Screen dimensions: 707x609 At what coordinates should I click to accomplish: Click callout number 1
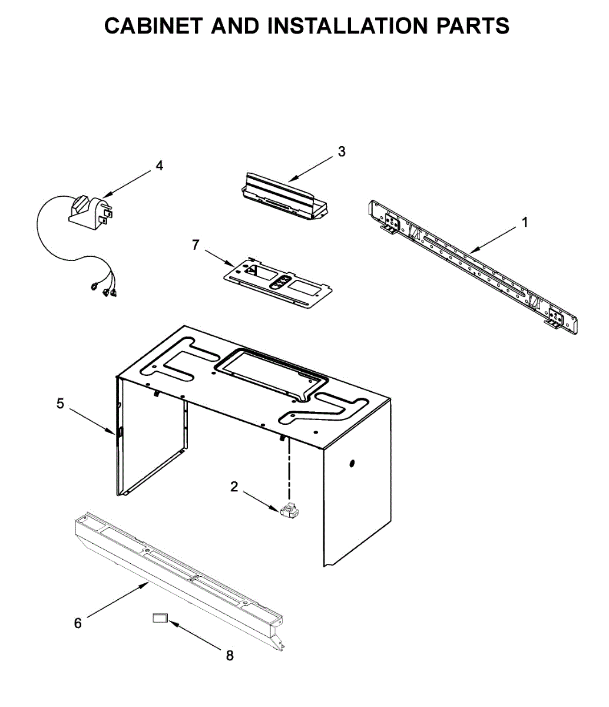click(x=524, y=222)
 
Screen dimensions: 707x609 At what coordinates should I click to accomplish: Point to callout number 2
click(x=234, y=487)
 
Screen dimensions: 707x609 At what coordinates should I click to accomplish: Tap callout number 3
click(x=342, y=151)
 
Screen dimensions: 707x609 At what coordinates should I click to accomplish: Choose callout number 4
click(x=159, y=166)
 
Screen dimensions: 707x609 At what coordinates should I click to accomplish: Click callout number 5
click(x=61, y=404)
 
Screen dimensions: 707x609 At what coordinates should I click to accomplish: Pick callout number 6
click(x=78, y=623)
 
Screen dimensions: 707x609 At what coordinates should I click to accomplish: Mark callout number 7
click(x=196, y=245)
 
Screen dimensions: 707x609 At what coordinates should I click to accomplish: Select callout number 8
click(x=230, y=655)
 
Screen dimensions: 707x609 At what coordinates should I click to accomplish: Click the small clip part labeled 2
click(x=290, y=511)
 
